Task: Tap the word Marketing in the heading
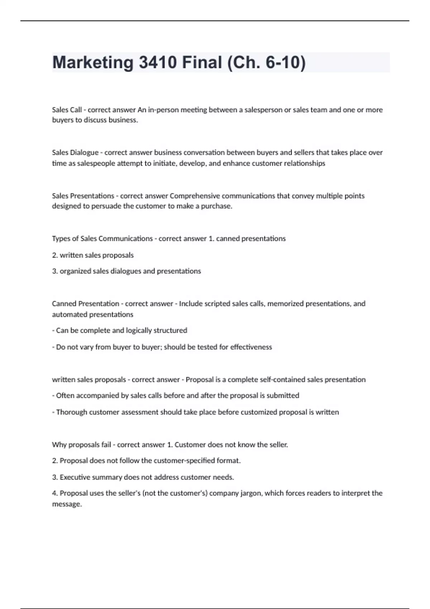[x=93, y=62]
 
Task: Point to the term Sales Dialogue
[x=75, y=153]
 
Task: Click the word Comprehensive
[x=195, y=196]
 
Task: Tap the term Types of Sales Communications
[x=102, y=239]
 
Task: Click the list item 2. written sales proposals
[x=93, y=255]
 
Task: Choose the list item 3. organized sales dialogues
[x=126, y=271]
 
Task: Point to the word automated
[x=67, y=315]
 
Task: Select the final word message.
[x=67, y=504]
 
